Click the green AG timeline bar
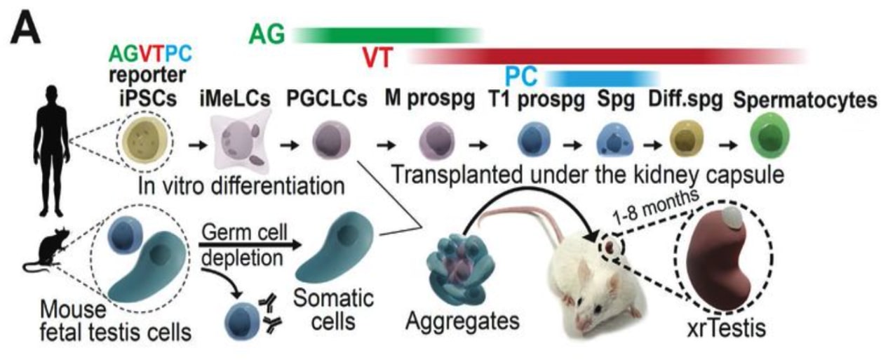coord(386,34)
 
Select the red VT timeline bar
coord(603,55)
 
